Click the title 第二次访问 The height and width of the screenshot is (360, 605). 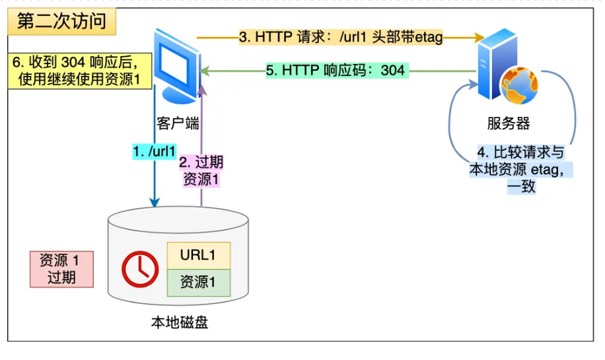pyautogui.click(x=61, y=21)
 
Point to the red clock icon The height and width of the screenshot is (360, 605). pyautogui.click(x=139, y=269)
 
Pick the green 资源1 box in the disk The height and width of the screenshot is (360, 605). pyautogui.click(x=198, y=282)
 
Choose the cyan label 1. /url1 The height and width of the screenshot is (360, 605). pyautogui.click(x=154, y=152)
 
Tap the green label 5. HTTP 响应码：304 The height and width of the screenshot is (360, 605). pyautogui.click(x=337, y=70)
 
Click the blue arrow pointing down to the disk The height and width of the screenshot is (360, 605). pyautogui.click(x=155, y=185)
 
